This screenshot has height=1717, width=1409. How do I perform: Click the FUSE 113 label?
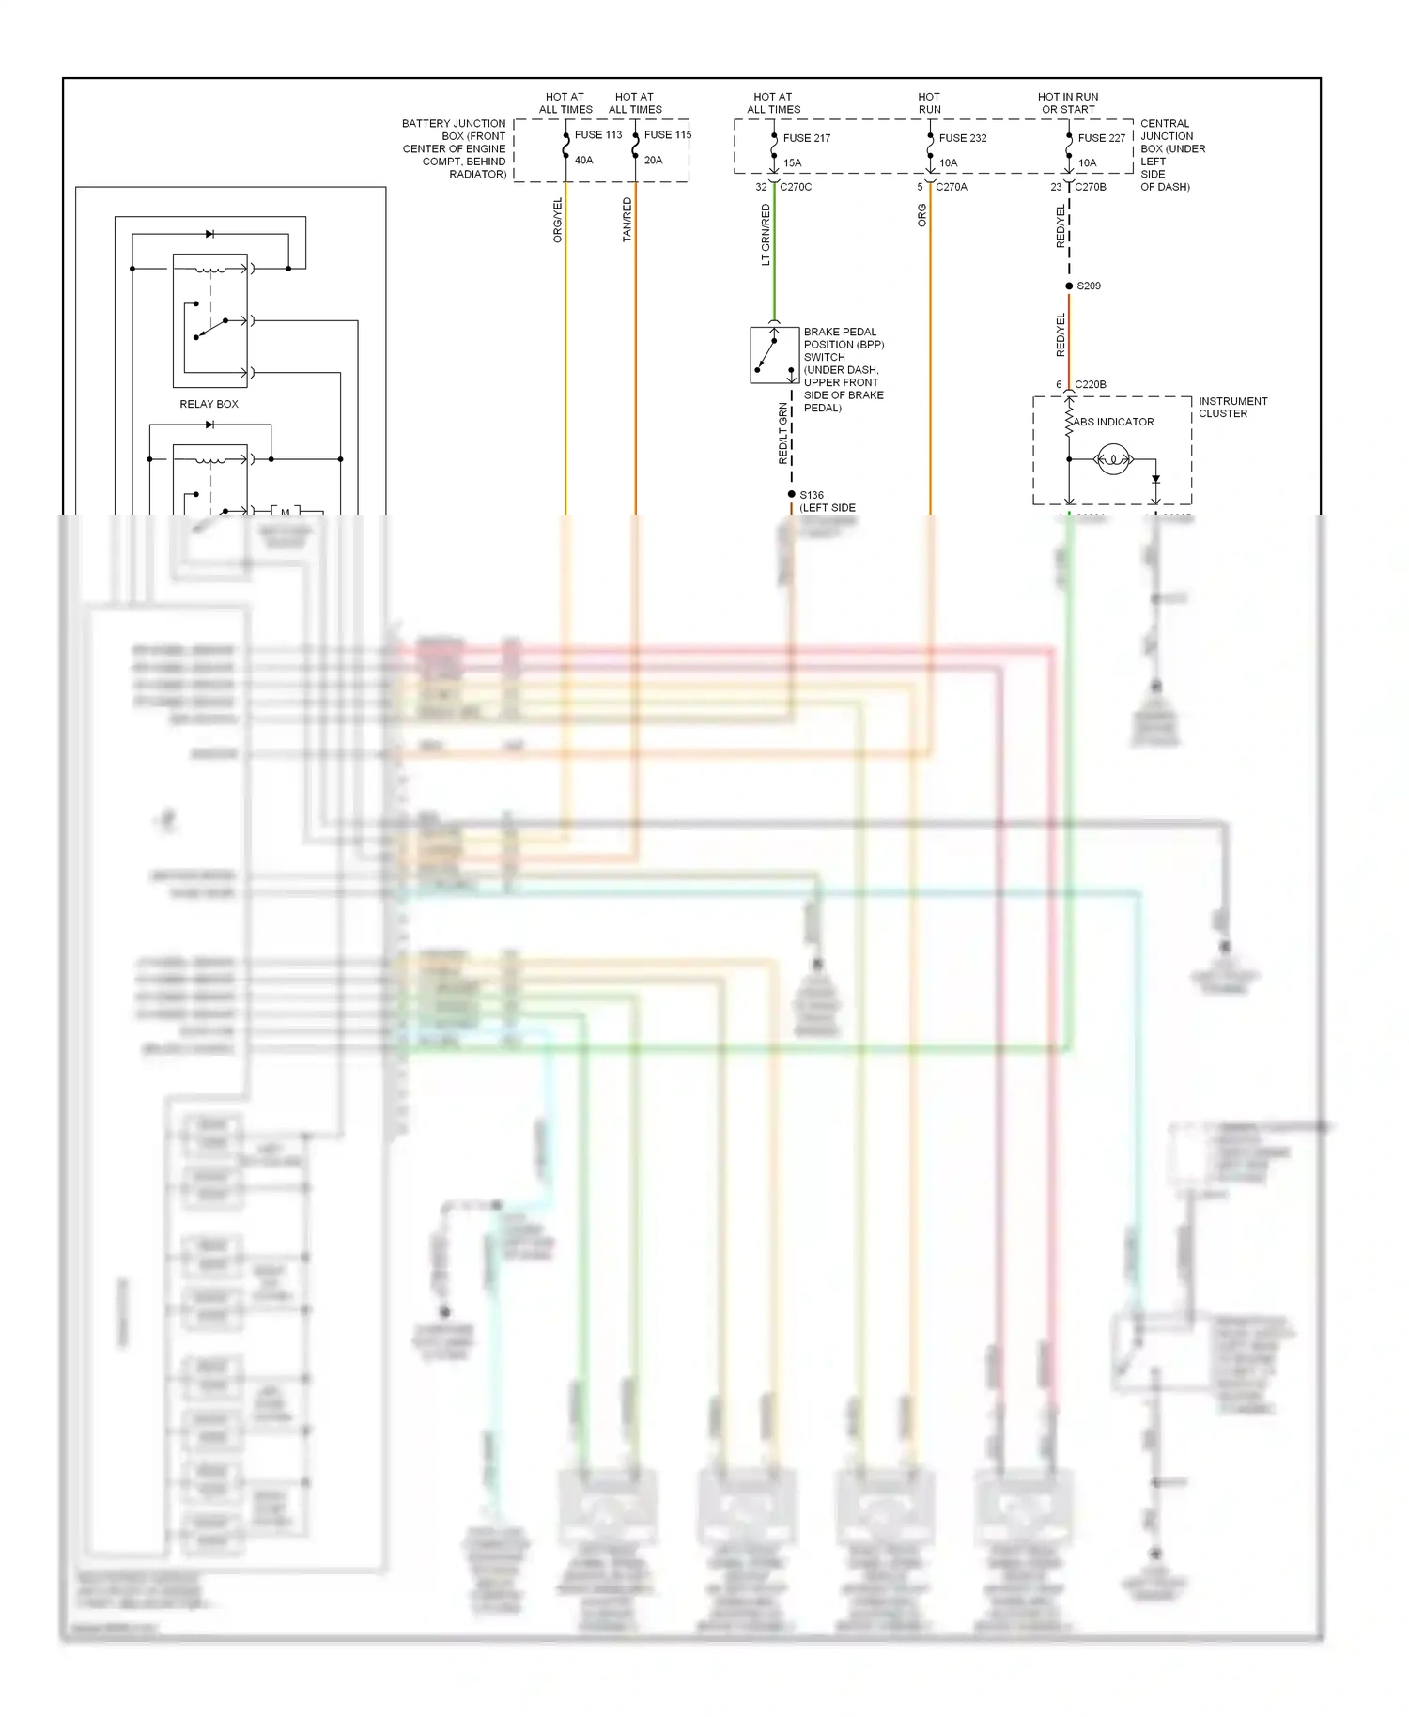coord(597,135)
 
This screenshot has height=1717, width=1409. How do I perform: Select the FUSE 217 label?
coord(806,138)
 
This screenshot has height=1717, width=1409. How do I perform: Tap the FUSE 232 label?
coord(962,138)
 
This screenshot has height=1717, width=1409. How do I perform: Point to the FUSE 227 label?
coord(1101,138)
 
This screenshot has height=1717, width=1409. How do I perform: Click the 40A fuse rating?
coord(583,161)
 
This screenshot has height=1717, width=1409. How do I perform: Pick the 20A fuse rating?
coord(653,161)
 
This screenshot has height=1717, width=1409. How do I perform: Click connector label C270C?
coord(795,187)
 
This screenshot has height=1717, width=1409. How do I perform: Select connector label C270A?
coord(951,187)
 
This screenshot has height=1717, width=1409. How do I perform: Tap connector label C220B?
coord(1090,384)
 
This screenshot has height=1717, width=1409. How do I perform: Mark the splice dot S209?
coord(1069,286)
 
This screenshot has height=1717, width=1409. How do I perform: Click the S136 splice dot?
coord(792,494)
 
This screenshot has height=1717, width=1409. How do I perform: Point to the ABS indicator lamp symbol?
coord(1113,459)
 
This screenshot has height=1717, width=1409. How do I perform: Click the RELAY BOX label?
coord(209,404)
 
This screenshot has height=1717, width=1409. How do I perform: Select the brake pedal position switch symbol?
coord(773,355)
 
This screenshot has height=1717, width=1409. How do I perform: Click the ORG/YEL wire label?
coord(558,221)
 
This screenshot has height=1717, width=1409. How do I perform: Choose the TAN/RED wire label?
coord(627,221)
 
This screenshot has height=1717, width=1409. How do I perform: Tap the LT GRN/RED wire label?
coord(766,235)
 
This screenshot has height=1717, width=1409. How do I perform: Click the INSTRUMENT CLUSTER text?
coord(1231,408)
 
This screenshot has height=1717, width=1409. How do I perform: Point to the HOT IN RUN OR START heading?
coord(1068,103)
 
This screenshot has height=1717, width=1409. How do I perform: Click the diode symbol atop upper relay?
coord(209,234)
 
